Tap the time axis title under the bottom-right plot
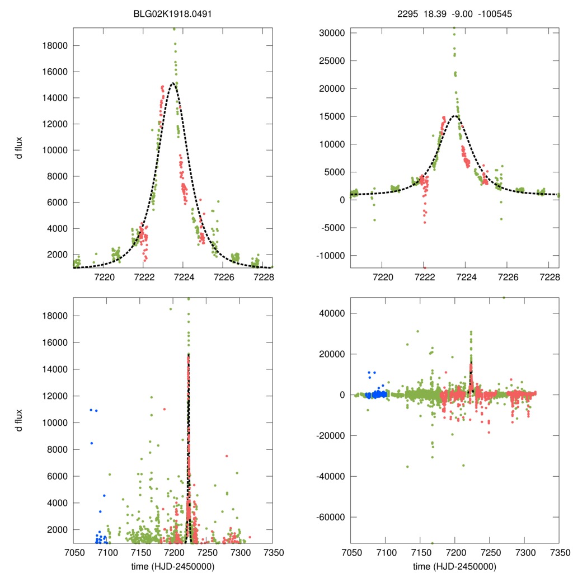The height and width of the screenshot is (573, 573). (454, 566)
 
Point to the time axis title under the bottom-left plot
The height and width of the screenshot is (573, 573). (172, 566)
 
